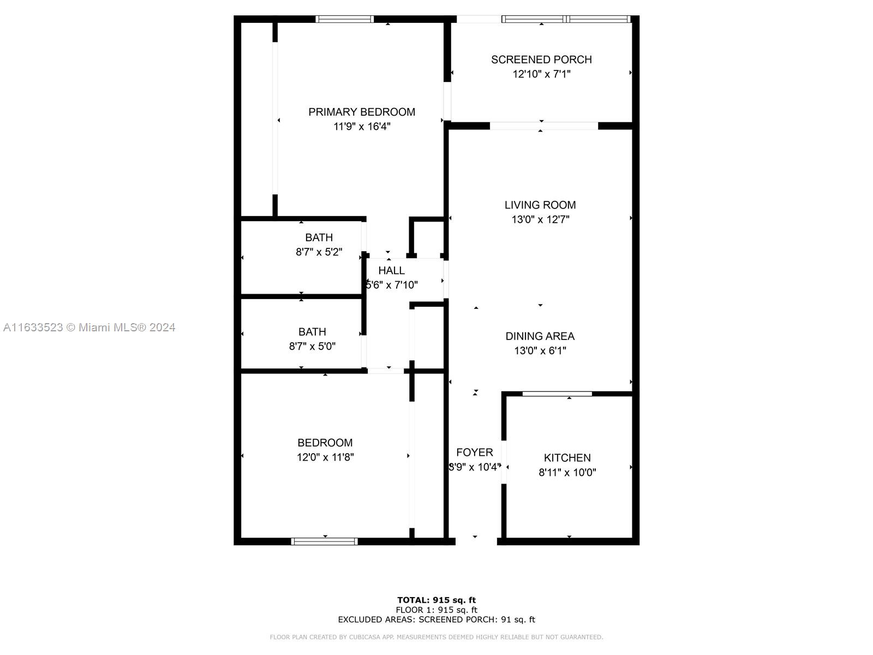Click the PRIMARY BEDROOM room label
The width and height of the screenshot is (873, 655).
click(x=362, y=112)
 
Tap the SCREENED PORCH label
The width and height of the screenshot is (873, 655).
click(x=541, y=59)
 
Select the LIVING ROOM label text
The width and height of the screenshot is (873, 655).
click(x=540, y=205)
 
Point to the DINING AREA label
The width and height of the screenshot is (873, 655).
click(x=540, y=336)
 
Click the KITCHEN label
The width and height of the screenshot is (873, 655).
click(x=567, y=458)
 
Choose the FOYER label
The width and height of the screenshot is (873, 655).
click(x=475, y=452)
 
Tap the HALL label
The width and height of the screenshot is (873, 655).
click(x=391, y=270)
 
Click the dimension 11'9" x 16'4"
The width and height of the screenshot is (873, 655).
click(x=362, y=127)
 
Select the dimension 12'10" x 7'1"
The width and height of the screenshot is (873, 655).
click(x=541, y=74)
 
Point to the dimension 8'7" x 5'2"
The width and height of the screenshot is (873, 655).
click(x=319, y=252)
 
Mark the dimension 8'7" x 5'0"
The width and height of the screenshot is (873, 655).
click(x=312, y=346)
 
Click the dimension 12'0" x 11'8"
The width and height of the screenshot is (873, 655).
click(x=325, y=457)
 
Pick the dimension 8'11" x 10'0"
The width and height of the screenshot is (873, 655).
click(x=567, y=472)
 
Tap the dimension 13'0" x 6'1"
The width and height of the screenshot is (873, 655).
click(x=540, y=350)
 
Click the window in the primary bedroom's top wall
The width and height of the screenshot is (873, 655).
click(x=345, y=19)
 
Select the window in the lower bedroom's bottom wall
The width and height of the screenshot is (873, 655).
click(x=325, y=541)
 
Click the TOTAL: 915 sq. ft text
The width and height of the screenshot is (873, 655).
click(x=436, y=600)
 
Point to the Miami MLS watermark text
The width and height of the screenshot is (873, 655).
click(x=89, y=327)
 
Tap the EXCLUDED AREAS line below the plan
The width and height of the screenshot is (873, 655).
click(x=436, y=620)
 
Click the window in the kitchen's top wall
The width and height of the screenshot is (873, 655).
click(x=557, y=394)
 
